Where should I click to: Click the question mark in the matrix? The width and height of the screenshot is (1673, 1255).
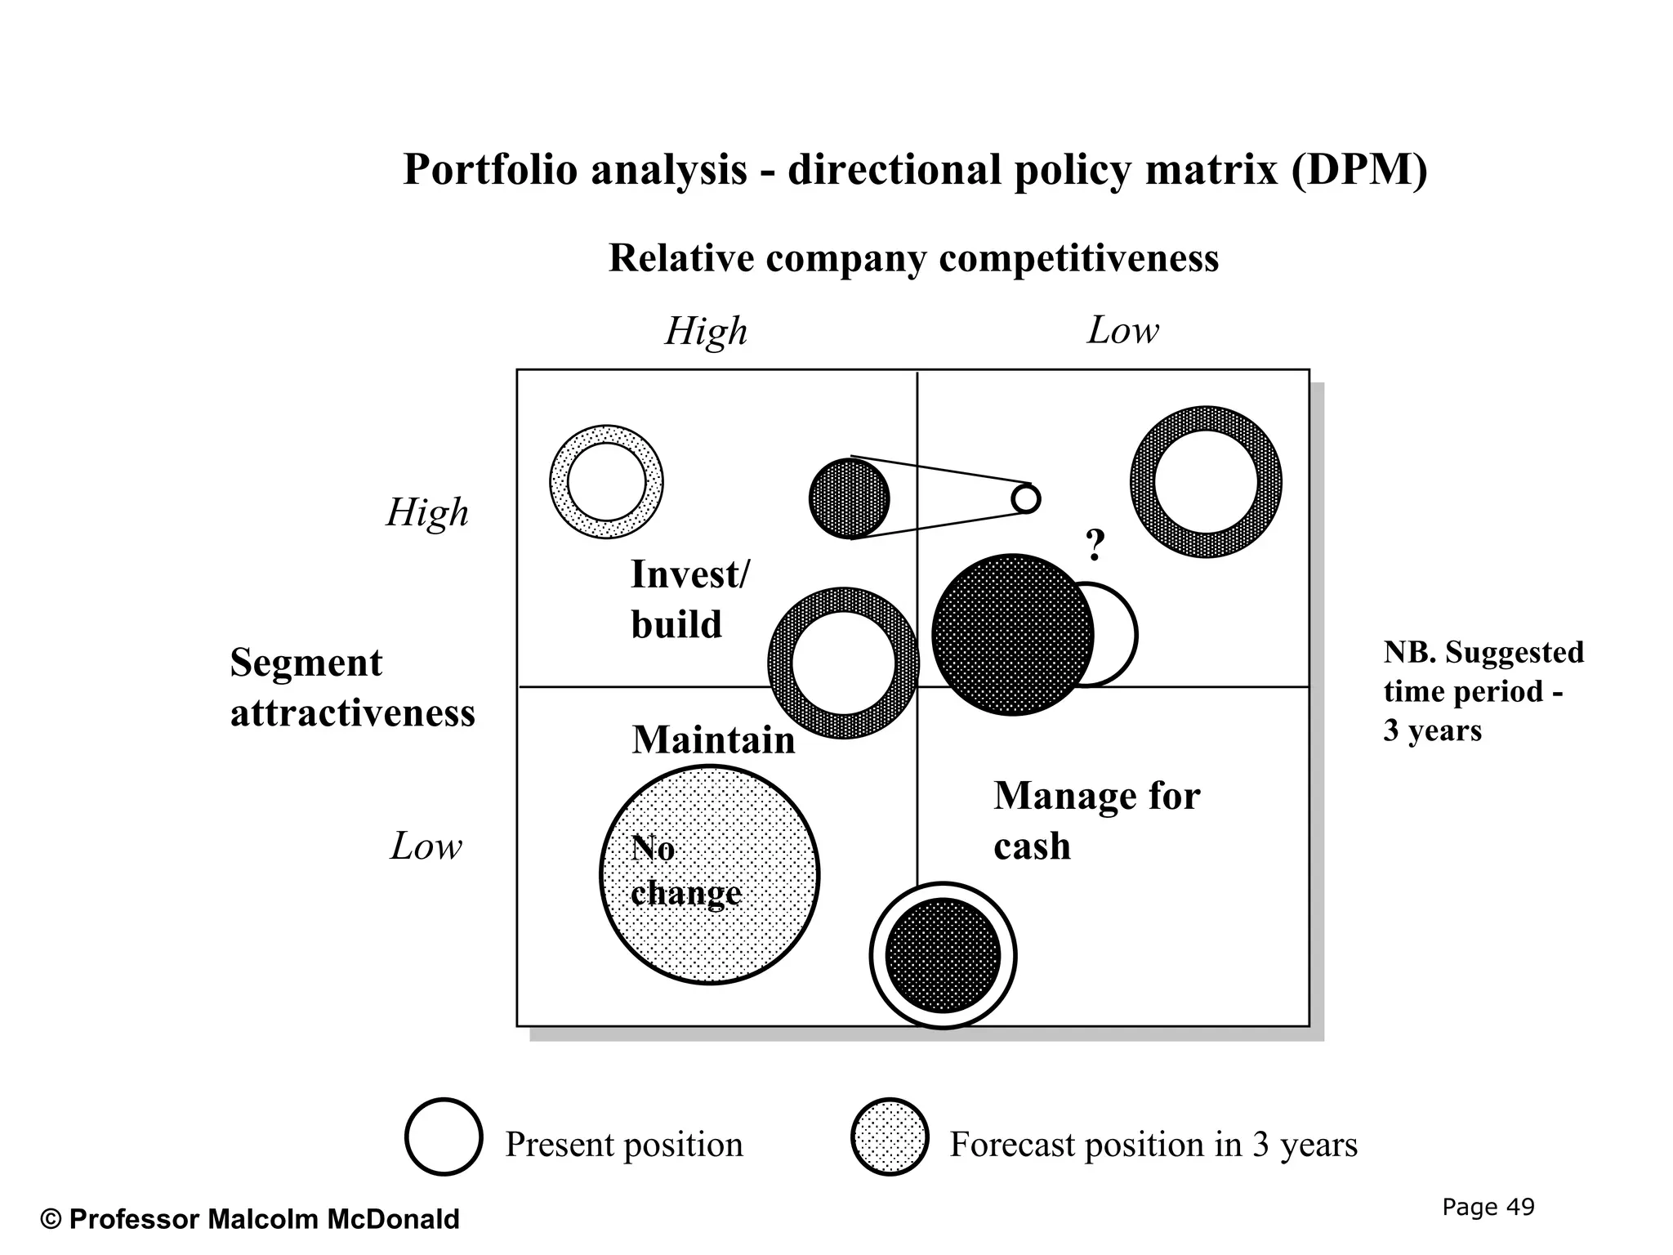(x=1095, y=545)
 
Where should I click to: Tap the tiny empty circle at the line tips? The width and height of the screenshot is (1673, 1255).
(x=1026, y=498)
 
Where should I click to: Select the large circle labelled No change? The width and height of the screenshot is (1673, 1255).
(x=709, y=875)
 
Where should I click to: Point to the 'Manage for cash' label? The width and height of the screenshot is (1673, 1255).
(x=1096, y=820)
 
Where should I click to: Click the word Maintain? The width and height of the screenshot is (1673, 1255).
(x=713, y=740)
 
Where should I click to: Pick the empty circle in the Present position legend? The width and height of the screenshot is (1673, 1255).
(x=444, y=1137)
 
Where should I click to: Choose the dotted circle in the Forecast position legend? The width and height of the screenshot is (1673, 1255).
(x=890, y=1137)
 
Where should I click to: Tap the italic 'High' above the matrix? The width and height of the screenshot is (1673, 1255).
(x=706, y=331)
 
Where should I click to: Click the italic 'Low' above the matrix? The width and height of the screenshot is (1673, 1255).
(x=1122, y=330)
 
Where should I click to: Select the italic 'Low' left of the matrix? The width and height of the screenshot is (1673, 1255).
(x=426, y=846)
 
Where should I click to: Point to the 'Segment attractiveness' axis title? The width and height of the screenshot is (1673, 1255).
(x=352, y=687)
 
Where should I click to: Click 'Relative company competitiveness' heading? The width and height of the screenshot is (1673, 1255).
(x=913, y=258)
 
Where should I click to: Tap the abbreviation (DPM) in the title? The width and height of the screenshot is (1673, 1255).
(x=1359, y=170)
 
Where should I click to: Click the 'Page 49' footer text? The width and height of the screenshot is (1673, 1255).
(x=1488, y=1207)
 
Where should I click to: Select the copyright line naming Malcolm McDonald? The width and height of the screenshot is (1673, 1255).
(x=250, y=1219)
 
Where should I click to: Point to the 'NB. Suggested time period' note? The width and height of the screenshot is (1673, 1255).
(x=1483, y=690)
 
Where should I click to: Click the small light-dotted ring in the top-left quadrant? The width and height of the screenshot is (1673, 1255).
(x=606, y=481)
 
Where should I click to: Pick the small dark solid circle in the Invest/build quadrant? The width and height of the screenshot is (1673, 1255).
(x=849, y=498)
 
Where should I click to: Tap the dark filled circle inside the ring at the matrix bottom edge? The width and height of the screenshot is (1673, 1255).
(x=943, y=955)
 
